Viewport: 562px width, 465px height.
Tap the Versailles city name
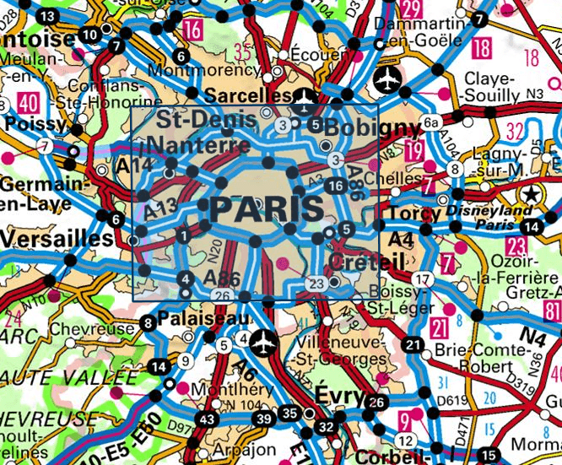coord(56,240)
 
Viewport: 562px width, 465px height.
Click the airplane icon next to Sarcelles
coord(301,97)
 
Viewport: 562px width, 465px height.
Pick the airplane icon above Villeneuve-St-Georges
coord(264,343)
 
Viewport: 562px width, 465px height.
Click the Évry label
coord(341,397)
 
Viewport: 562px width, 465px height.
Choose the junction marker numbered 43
coord(207,419)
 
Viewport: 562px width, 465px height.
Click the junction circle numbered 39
coord(265,419)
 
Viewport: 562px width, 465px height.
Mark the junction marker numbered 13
coord(46,17)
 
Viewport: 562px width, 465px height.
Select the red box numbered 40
coord(29,104)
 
